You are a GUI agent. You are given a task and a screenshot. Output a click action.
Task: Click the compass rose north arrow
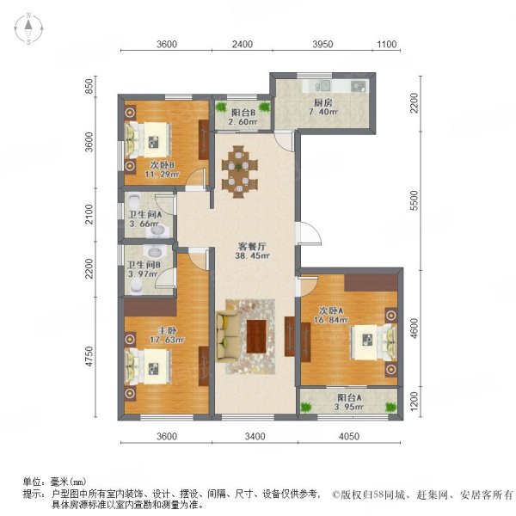tap(29, 24)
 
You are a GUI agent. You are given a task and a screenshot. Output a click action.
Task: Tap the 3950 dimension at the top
tap(322, 44)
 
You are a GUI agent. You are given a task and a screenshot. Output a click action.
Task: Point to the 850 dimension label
tap(89, 87)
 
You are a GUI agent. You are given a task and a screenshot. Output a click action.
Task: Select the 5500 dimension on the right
tap(415, 200)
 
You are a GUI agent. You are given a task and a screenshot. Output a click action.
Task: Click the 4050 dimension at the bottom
tap(349, 436)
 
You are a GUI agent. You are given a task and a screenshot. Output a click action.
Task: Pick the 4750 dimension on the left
tap(89, 357)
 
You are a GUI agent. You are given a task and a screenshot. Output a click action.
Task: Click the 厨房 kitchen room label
tap(322, 102)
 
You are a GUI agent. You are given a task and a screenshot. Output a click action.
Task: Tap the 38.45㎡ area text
tap(252, 255)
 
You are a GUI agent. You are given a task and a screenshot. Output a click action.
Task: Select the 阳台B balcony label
tap(243, 113)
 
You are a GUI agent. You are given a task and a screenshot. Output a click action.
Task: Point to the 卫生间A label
tap(144, 215)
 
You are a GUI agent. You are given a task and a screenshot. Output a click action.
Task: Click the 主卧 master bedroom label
tap(168, 330)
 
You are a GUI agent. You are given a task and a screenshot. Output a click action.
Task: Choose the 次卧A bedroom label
tap(331, 310)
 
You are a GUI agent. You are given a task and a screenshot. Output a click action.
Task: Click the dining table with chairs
tap(240, 171)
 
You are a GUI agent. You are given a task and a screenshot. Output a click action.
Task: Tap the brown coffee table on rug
tap(256, 336)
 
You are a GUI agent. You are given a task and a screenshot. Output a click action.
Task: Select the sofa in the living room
tap(228, 336)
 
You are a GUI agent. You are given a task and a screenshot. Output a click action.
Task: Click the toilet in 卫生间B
tap(136, 286)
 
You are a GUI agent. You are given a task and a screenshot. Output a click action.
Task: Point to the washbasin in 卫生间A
tap(158, 231)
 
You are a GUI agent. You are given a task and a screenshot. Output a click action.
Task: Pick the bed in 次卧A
tap(373, 342)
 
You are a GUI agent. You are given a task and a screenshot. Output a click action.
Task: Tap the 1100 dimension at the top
tap(386, 44)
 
